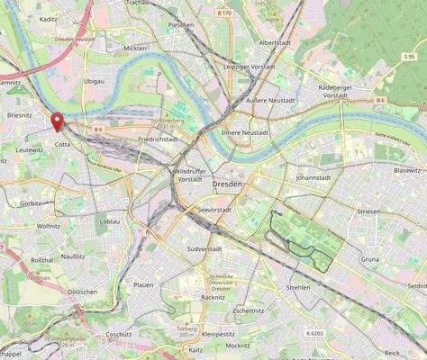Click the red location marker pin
58,121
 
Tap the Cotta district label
62,144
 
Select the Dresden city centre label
228,184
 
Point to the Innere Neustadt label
245,132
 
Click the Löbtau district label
110,220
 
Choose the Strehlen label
297,287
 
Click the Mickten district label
136,48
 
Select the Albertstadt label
274,42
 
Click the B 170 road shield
223,13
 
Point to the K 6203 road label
314,334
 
